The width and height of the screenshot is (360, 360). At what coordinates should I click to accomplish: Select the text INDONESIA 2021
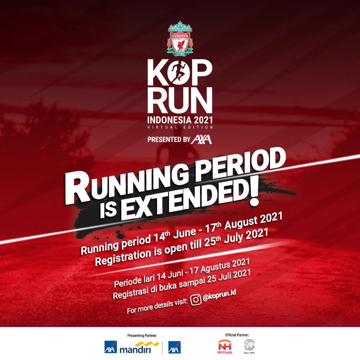[180, 118]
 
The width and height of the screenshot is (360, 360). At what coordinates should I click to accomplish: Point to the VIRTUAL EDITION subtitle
[180, 127]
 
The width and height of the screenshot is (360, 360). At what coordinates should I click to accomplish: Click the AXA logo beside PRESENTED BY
[201, 139]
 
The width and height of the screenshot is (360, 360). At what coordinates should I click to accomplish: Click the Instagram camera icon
[195, 300]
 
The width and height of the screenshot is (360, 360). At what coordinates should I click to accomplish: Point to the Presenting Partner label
[142, 336]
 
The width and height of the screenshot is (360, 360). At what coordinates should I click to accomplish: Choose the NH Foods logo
[225, 347]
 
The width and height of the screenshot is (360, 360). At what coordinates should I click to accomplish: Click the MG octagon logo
[250, 345]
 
